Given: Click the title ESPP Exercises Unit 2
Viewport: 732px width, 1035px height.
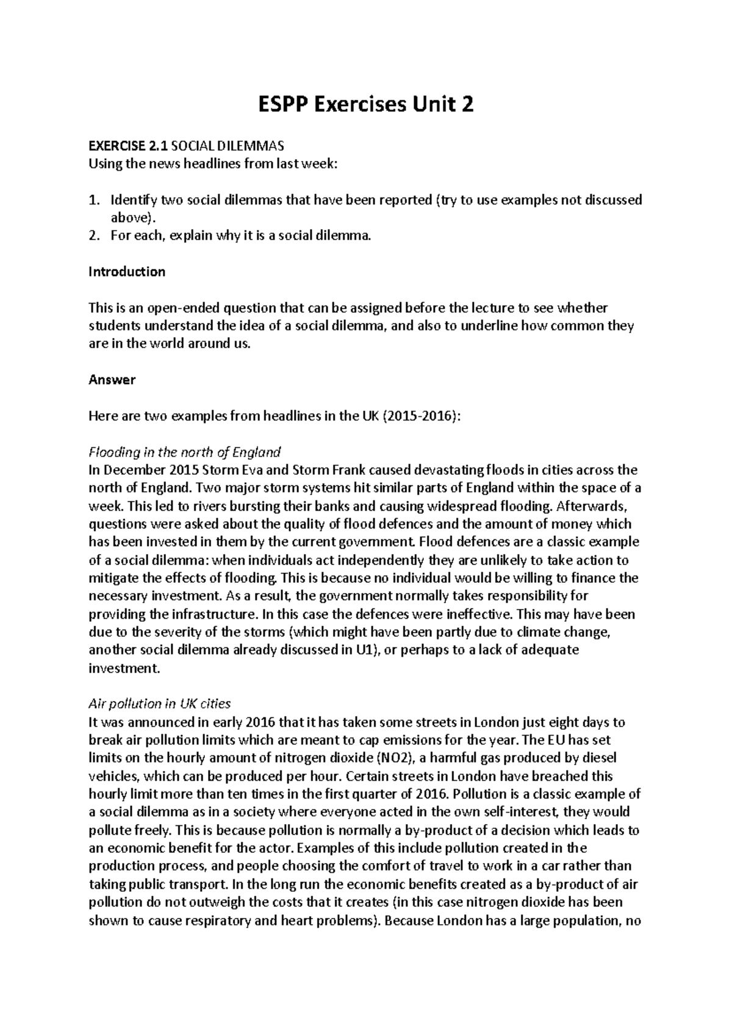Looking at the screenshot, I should tap(366, 105).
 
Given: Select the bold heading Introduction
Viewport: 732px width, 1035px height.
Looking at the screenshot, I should tap(127, 272).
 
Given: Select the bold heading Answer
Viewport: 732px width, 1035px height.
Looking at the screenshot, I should tap(112, 380).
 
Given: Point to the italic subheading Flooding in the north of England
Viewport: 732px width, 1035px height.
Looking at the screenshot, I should tap(184, 452).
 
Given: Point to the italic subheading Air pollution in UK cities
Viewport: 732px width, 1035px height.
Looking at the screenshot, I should tap(160, 704).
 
